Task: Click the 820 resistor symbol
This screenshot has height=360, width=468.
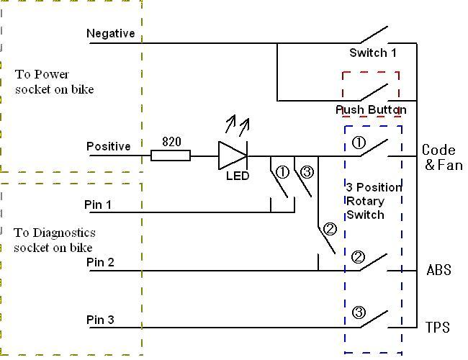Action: click(171, 155)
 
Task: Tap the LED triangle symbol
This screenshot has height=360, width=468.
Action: click(232, 155)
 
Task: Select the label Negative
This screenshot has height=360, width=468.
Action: click(110, 33)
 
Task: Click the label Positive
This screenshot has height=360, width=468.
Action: click(109, 146)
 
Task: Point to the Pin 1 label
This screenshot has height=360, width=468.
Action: click(99, 205)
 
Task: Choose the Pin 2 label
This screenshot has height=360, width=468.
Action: click(100, 262)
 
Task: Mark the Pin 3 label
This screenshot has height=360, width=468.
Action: click(100, 320)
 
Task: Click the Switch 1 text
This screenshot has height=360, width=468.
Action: click(373, 53)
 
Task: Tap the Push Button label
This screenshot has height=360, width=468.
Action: click(371, 109)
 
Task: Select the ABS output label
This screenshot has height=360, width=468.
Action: click(438, 270)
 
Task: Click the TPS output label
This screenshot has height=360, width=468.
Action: click(438, 328)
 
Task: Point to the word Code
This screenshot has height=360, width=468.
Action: click(438, 150)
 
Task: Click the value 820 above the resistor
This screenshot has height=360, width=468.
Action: click(171, 141)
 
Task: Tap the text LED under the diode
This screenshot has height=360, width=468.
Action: click(237, 176)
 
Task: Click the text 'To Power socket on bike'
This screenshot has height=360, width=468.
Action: click(54, 82)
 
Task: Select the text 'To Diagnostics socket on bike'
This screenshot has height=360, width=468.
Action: click(54, 240)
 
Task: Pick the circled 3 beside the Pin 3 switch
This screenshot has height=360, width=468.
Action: click(359, 312)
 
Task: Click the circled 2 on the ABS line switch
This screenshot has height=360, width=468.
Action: click(358, 257)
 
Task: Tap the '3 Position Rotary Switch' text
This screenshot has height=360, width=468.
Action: click(374, 201)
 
